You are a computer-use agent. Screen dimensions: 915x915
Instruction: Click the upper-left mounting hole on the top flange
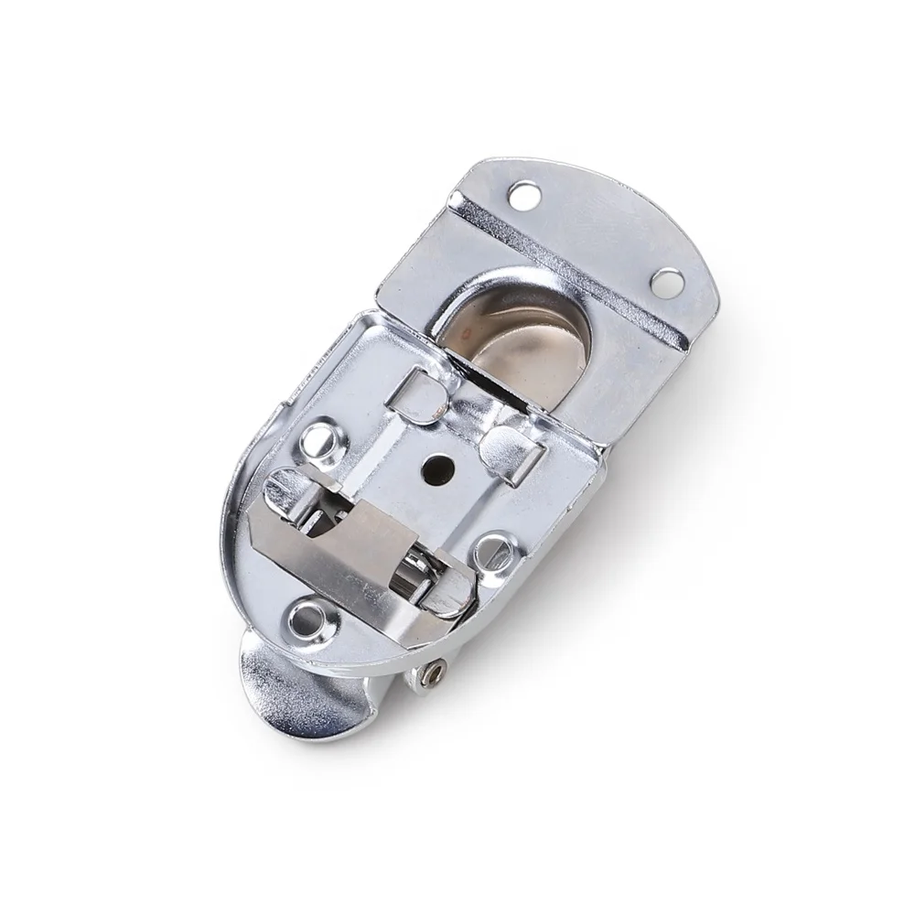point(525,194)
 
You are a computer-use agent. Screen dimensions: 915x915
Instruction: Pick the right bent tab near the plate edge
point(513,443)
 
